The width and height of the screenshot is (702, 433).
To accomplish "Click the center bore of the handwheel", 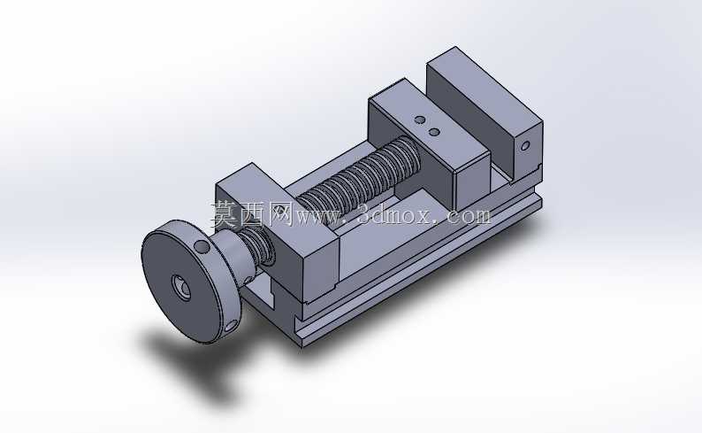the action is click(x=182, y=287).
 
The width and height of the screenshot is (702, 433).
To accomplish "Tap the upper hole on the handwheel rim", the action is click(x=202, y=247).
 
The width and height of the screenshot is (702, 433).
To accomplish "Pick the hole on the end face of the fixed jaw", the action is click(x=525, y=146).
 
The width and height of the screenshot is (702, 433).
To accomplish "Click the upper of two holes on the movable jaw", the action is click(x=420, y=120).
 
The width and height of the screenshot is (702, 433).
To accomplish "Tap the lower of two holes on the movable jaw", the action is click(x=434, y=132).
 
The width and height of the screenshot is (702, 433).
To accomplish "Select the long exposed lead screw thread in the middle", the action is click(x=358, y=174).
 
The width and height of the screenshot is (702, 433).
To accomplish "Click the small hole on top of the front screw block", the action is click(x=280, y=209).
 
